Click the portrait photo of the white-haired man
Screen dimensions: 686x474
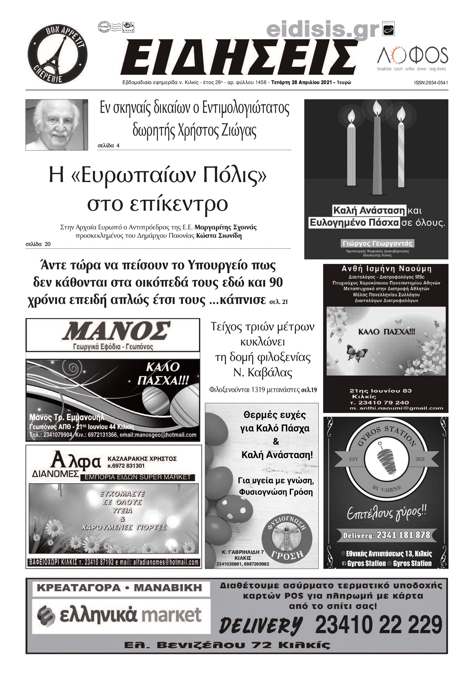[x=57, y=125]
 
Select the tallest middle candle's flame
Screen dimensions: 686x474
[x=377, y=108]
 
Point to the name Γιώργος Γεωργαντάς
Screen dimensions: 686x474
[x=377, y=243]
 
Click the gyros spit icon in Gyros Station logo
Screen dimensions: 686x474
[x=387, y=459]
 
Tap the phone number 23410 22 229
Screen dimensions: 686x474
[x=378, y=625]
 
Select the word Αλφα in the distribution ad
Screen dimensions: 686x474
[x=76, y=460]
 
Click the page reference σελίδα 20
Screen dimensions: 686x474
[x=38, y=244]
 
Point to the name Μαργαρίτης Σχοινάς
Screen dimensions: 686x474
[x=225, y=227]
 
